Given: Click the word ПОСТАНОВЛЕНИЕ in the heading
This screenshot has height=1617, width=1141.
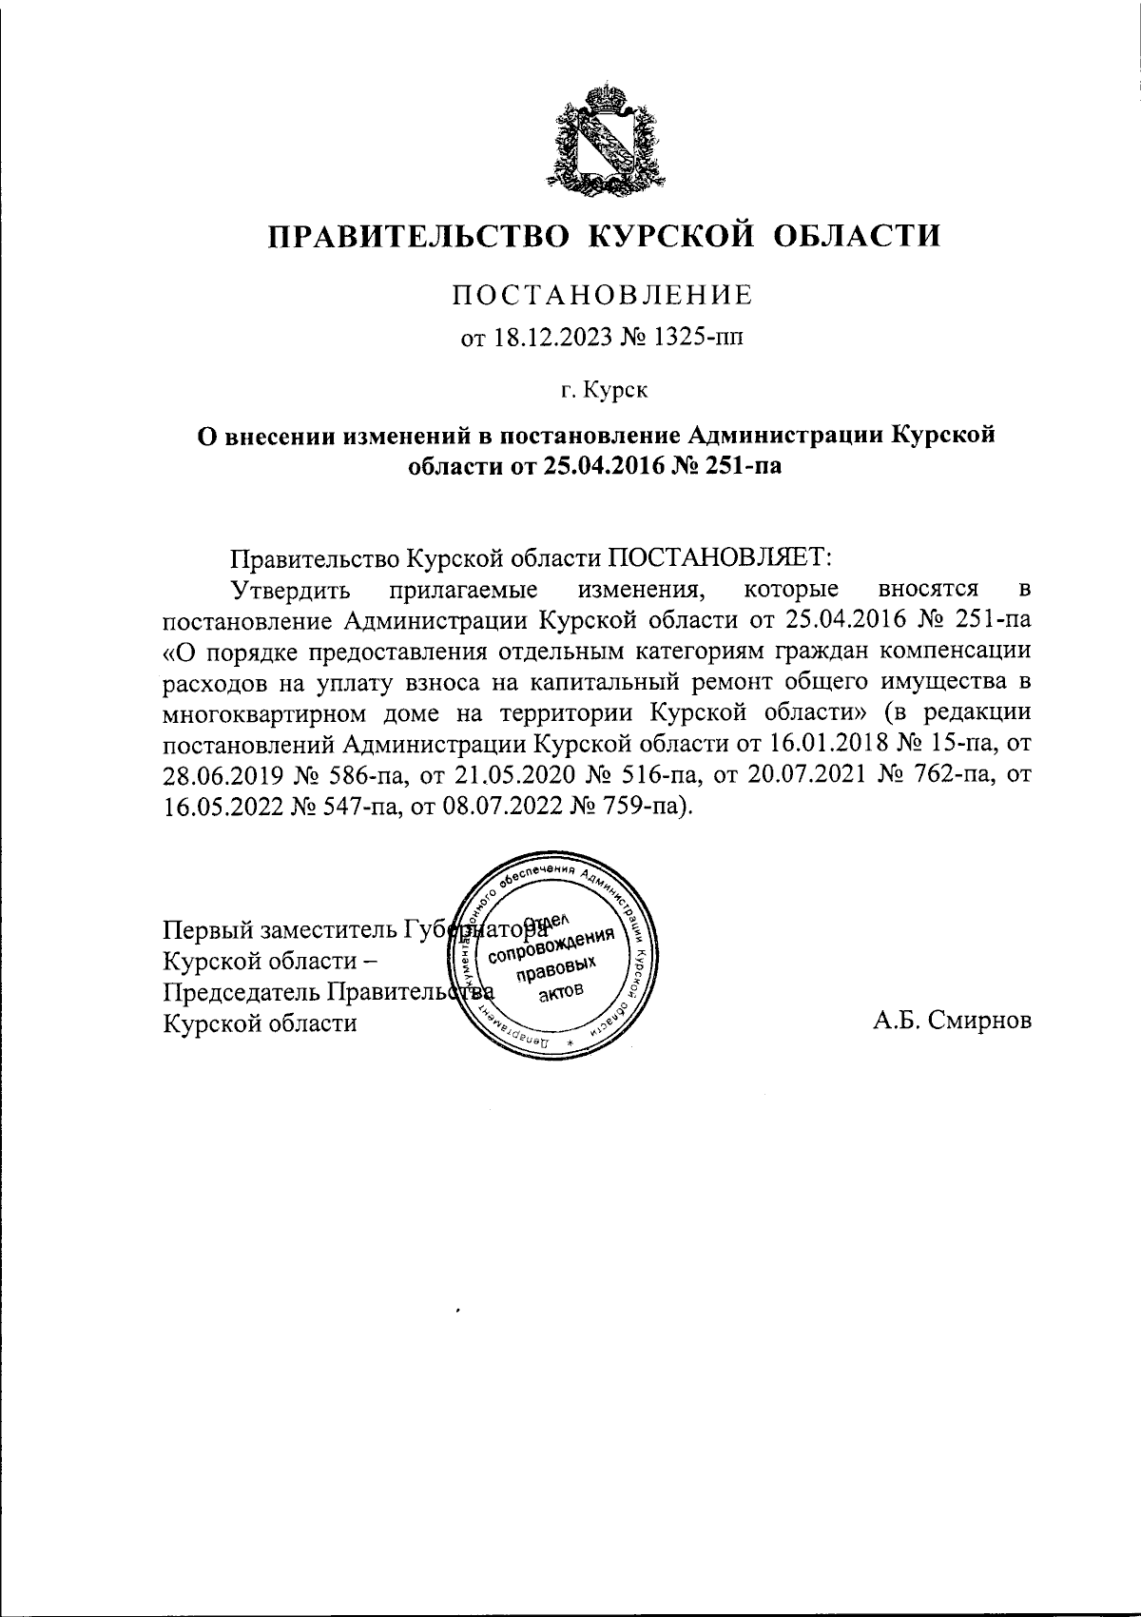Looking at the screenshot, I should coord(602,295).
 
